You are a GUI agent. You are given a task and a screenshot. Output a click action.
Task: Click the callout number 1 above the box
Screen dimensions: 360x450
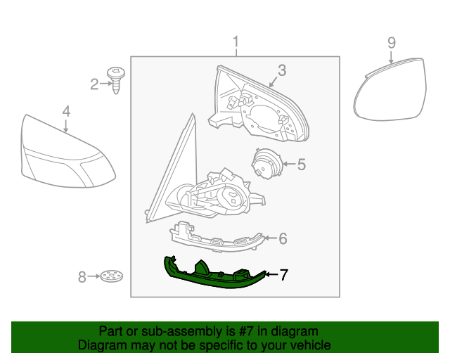click(236, 41)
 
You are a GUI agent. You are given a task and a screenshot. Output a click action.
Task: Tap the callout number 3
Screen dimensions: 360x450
click(281, 70)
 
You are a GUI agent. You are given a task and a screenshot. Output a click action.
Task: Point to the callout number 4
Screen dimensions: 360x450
click(66, 111)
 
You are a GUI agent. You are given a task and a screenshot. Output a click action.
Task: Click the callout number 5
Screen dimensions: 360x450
click(301, 165)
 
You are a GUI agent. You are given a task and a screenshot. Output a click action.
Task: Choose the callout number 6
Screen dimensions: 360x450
click(283, 239)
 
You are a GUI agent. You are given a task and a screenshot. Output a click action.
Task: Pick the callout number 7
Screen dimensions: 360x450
click(283, 275)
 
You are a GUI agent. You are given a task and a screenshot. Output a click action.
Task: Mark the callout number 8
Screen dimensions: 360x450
click(82, 277)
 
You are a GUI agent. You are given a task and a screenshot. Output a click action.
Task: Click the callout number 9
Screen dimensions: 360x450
click(392, 43)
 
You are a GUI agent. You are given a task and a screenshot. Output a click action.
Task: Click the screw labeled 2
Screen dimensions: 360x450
click(115, 79)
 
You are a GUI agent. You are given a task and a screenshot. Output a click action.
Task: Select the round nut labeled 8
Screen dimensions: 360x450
click(109, 276)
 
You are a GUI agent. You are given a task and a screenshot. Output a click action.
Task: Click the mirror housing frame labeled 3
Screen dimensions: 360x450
click(260, 105)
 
